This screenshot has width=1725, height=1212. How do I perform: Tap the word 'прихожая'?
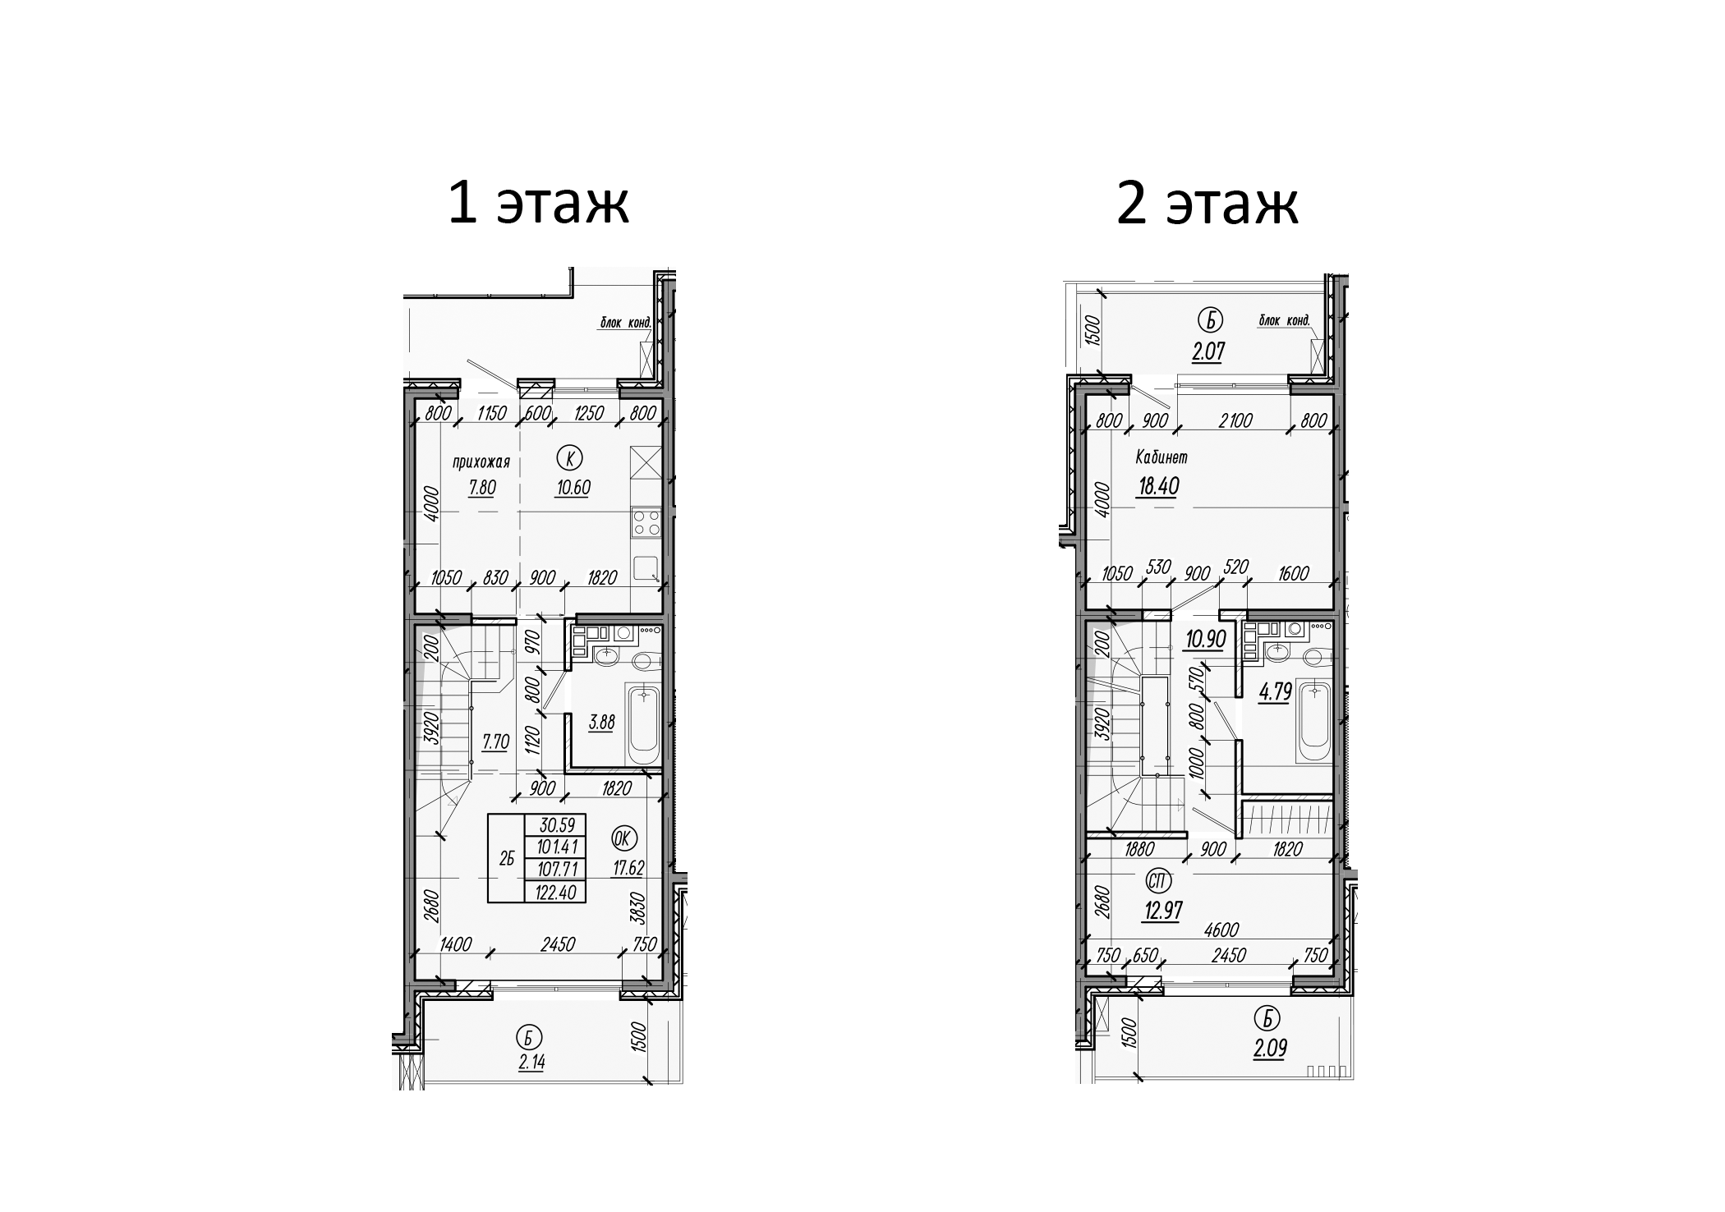[x=481, y=462]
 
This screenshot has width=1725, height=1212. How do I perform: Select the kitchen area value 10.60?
[x=573, y=488]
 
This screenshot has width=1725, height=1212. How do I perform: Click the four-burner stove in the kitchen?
[x=646, y=523]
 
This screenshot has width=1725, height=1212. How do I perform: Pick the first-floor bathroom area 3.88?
[x=601, y=723]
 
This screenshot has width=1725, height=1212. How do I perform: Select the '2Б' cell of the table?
[x=507, y=859]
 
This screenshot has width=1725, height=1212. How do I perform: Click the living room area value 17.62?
[x=628, y=868]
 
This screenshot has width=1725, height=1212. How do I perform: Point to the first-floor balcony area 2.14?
[x=531, y=1062]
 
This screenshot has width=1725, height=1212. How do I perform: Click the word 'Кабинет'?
[x=1161, y=457]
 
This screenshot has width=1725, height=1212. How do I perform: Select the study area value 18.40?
[x=1158, y=487]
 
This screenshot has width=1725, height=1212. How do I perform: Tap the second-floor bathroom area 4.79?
[x=1276, y=692]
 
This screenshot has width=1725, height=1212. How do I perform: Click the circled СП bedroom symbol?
[x=1160, y=881]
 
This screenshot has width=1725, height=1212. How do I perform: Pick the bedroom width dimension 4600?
[x=1222, y=930]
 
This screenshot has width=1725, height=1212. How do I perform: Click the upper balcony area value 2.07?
[x=1208, y=352]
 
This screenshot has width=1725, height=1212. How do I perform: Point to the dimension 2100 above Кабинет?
[x=1235, y=420]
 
